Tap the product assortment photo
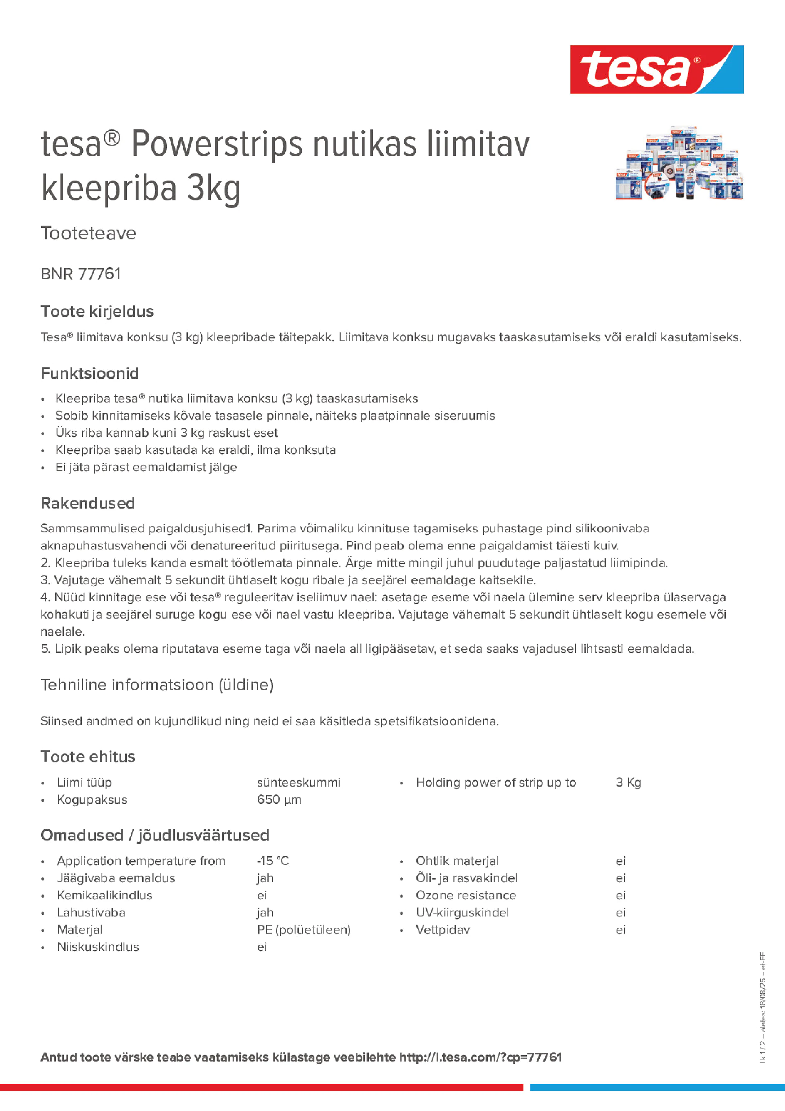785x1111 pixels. (x=679, y=163)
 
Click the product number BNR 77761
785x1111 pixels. (x=80, y=274)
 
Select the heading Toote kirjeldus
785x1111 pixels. (x=97, y=311)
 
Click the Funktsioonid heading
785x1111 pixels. (x=89, y=373)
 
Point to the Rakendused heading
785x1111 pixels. (x=88, y=503)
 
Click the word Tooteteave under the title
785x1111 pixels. (x=88, y=233)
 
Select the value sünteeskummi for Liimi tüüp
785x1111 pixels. (x=298, y=782)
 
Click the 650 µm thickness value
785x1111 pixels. (x=279, y=799)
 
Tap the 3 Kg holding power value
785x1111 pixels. (x=628, y=782)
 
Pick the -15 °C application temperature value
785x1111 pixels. (x=272, y=861)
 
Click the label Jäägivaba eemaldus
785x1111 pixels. (x=116, y=878)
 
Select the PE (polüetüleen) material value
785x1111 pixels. (x=303, y=930)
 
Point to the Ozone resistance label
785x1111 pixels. (x=466, y=895)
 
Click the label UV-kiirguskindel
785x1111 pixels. (x=462, y=912)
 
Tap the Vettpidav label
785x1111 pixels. (x=442, y=930)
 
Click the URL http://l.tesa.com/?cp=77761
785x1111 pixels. (x=480, y=1057)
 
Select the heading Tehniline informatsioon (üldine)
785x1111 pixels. (x=157, y=685)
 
